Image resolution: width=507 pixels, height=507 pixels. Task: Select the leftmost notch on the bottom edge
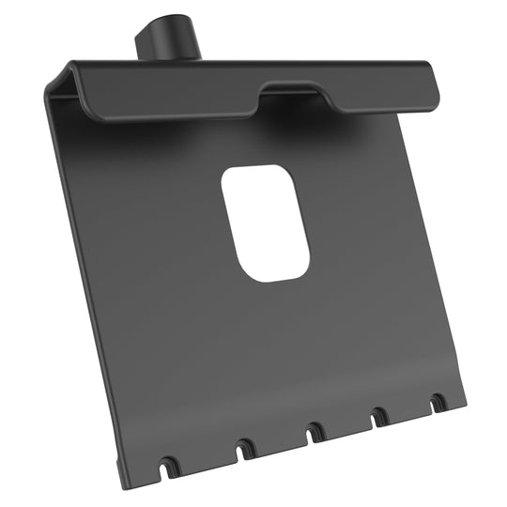[x=169, y=465]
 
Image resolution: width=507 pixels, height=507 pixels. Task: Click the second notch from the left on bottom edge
[x=245, y=449]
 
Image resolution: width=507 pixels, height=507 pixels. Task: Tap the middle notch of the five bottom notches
[x=315, y=433]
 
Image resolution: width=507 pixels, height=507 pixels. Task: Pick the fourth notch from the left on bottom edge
[x=380, y=417]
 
